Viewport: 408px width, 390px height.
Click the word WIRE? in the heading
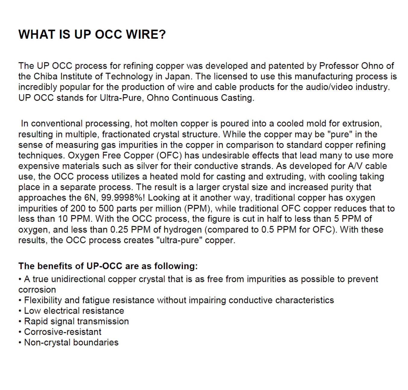tap(146, 34)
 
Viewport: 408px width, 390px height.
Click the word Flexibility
tap(43, 300)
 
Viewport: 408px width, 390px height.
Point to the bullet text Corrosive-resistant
tap(63, 332)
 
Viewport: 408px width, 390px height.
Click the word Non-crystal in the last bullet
tap(47, 342)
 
